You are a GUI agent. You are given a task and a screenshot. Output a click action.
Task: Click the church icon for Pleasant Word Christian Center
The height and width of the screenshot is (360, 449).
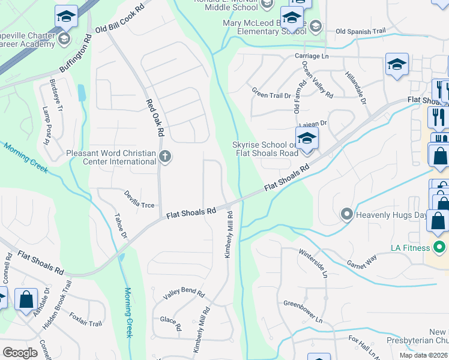click(165, 157)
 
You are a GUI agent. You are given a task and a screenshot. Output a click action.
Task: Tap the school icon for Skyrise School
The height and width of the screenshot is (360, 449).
click(307, 139)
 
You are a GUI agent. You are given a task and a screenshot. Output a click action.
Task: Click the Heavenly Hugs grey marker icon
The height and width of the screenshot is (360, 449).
click(346, 214)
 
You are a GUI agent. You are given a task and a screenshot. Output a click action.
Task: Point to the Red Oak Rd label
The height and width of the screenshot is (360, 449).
click(155, 116)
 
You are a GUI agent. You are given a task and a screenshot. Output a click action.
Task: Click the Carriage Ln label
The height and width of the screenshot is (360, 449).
click(316, 56)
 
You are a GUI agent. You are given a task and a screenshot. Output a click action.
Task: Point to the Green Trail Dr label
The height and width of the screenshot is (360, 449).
click(271, 94)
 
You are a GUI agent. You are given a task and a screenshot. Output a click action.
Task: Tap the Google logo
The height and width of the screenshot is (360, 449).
click(20, 352)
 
